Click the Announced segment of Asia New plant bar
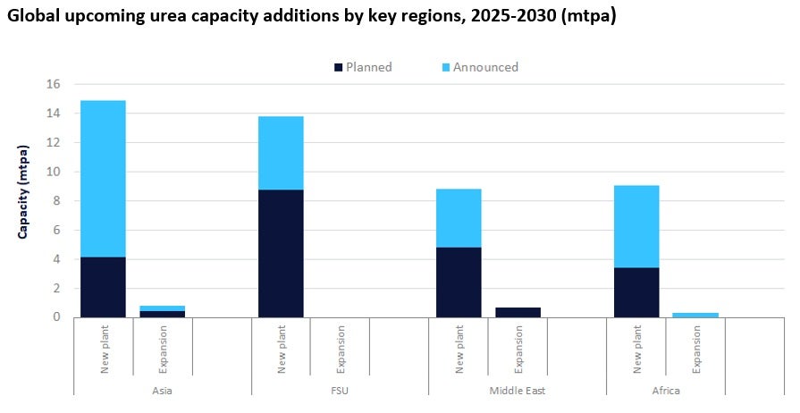pyautogui.click(x=103, y=179)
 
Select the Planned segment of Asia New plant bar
pyautogui.click(x=103, y=287)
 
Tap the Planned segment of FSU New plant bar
pyautogui.click(x=281, y=253)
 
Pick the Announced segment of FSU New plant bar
pyautogui.click(x=281, y=153)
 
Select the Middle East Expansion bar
pyautogui.click(x=518, y=312)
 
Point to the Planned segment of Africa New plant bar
pyautogui.click(x=636, y=292)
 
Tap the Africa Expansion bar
pyautogui.click(x=695, y=315)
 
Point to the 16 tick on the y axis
pyautogui.click(x=53, y=84)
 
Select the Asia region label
pyautogui.click(x=162, y=391)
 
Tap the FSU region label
pyautogui.click(x=340, y=391)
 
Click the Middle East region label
pyautogui.click(x=518, y=391)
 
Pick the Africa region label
pyautogui.click(x=666, y=391)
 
